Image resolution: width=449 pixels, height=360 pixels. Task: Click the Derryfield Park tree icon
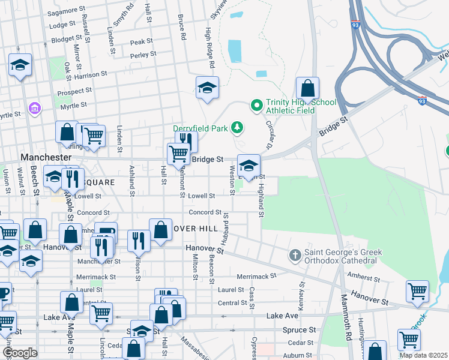(x=238, y=127)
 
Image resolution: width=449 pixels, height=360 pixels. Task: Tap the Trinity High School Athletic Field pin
(x=256, y=106)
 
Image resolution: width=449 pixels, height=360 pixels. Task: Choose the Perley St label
(x=143, y=54)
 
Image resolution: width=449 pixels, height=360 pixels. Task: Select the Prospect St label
(x=74, y=93)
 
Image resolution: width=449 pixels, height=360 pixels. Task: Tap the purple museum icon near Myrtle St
(x=34, y=109)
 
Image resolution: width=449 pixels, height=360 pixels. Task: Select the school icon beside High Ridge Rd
(x=207, y=88)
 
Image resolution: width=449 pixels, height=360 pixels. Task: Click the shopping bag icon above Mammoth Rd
(x=307, y=88)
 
